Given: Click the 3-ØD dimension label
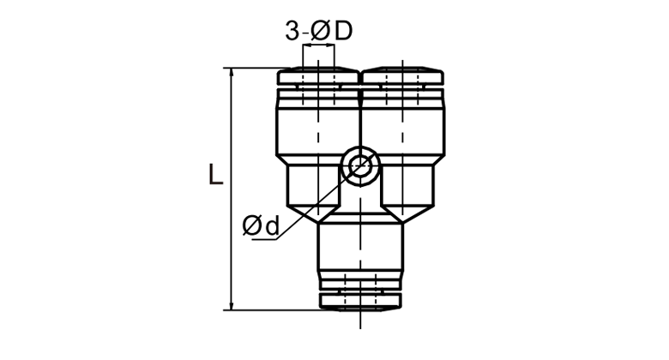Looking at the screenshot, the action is click(319, 31).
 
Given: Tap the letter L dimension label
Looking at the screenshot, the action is click(216, 174).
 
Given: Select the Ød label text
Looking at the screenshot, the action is click(261, 225).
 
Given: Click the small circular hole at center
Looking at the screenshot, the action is click(360, 165).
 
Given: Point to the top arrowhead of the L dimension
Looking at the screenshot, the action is click(232, 73).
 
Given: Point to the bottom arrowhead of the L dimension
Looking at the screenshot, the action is click(232, 305).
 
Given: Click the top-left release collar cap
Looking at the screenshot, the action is click(318, 76).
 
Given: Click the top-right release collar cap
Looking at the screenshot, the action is click(403, 76).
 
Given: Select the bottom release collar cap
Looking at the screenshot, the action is click(360, 301).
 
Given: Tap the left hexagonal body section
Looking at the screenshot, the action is click(314, 185).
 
